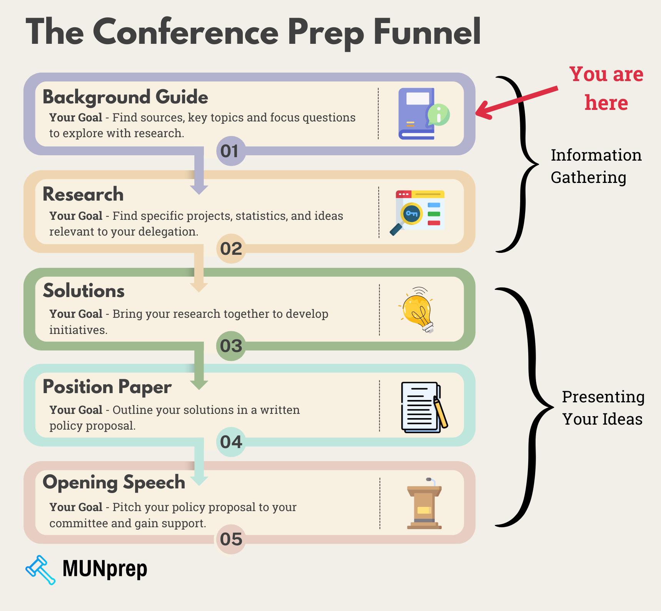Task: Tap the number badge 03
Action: click(231, 346)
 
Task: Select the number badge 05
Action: click(231, 539)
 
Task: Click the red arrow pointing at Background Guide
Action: click(516, 101)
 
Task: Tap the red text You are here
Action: click(606, 88)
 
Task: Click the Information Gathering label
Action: click(596, 166)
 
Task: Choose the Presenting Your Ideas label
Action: click(603, 408)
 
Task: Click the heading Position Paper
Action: click(107, 387)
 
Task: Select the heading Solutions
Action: click(84, 291)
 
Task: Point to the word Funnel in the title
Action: click(427, 33)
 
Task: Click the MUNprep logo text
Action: click(105, 569)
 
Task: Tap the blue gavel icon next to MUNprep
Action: click(40, 569)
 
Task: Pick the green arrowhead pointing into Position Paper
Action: click(199, 384)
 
